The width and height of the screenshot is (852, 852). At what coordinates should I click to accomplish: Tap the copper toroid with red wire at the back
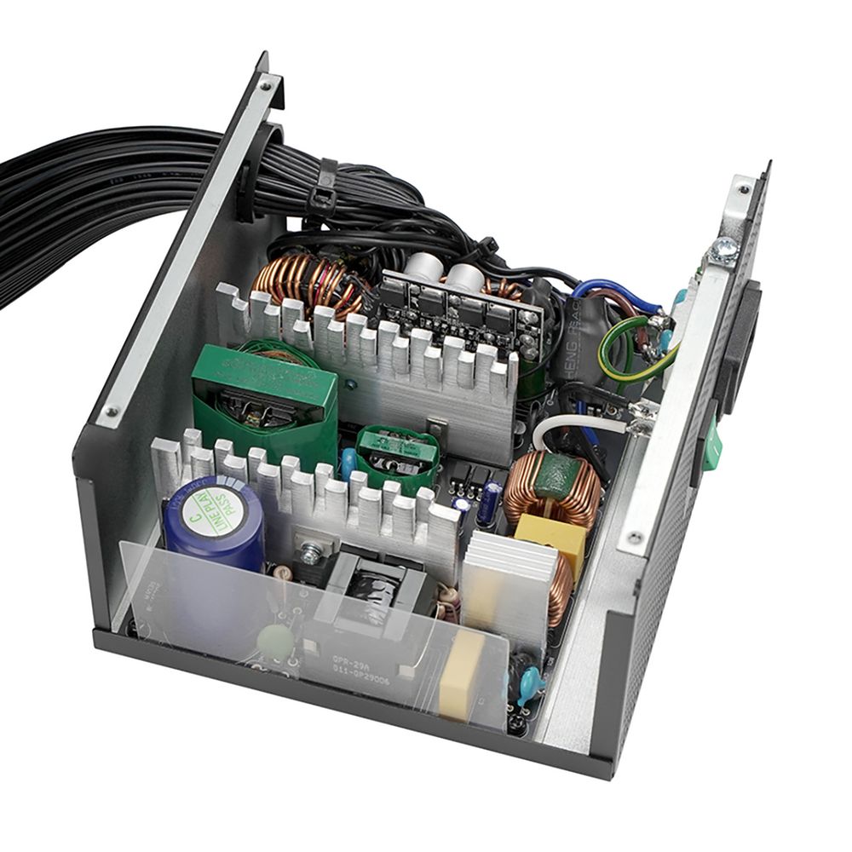[302, 281]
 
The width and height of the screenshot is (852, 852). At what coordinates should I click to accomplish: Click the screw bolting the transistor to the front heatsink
[313, 553]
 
